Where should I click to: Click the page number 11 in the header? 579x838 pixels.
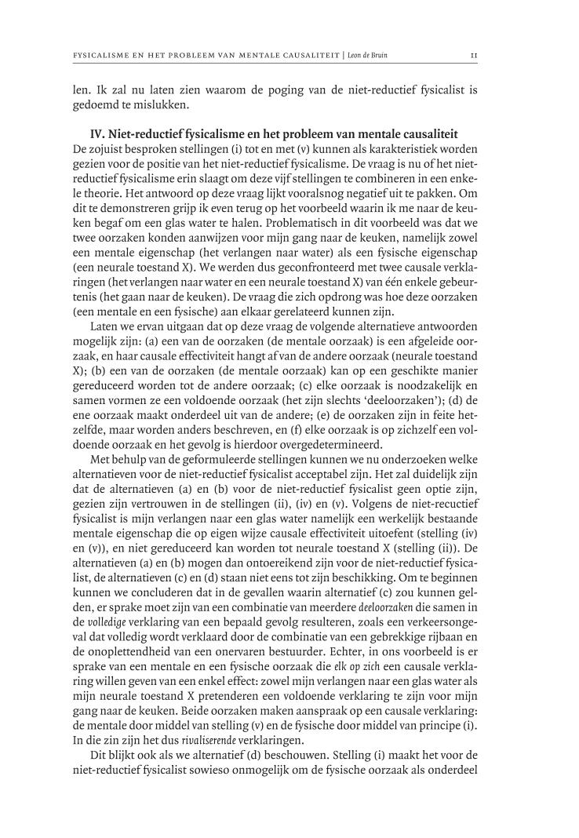(x=474, y=56)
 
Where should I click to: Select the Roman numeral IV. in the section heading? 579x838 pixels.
(x=99, y=134)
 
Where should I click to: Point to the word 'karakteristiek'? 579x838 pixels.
(x=405, y=149)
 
